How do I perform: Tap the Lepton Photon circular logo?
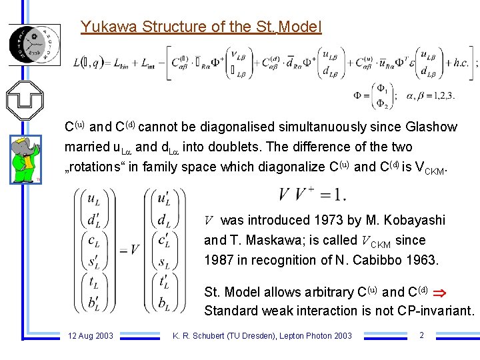[x=33, y=43]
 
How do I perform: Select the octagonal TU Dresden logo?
[x=24, y=100]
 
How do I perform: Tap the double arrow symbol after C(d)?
[x=439, y=292]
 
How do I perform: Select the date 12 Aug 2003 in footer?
[x=91, y=335]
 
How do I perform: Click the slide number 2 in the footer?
[x=421, y=335]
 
